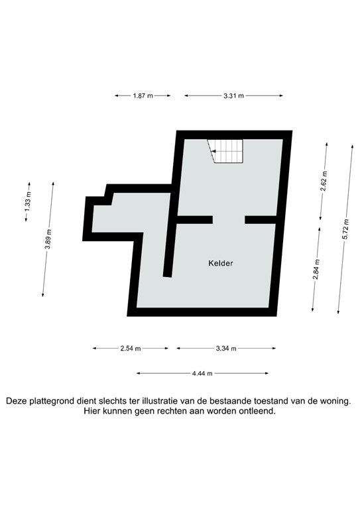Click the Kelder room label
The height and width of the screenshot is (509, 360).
[220, 263]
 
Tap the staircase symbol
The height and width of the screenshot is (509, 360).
[226, 151]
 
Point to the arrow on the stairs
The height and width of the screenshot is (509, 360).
[216, 152]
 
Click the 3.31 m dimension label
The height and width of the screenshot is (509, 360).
[233, 96]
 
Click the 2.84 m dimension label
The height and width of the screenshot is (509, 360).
[317, 272]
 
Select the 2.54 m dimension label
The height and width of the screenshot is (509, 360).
[130, 348]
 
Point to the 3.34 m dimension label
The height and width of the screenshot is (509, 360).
[226, 348]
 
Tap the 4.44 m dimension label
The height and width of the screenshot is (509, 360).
[202, 374]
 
